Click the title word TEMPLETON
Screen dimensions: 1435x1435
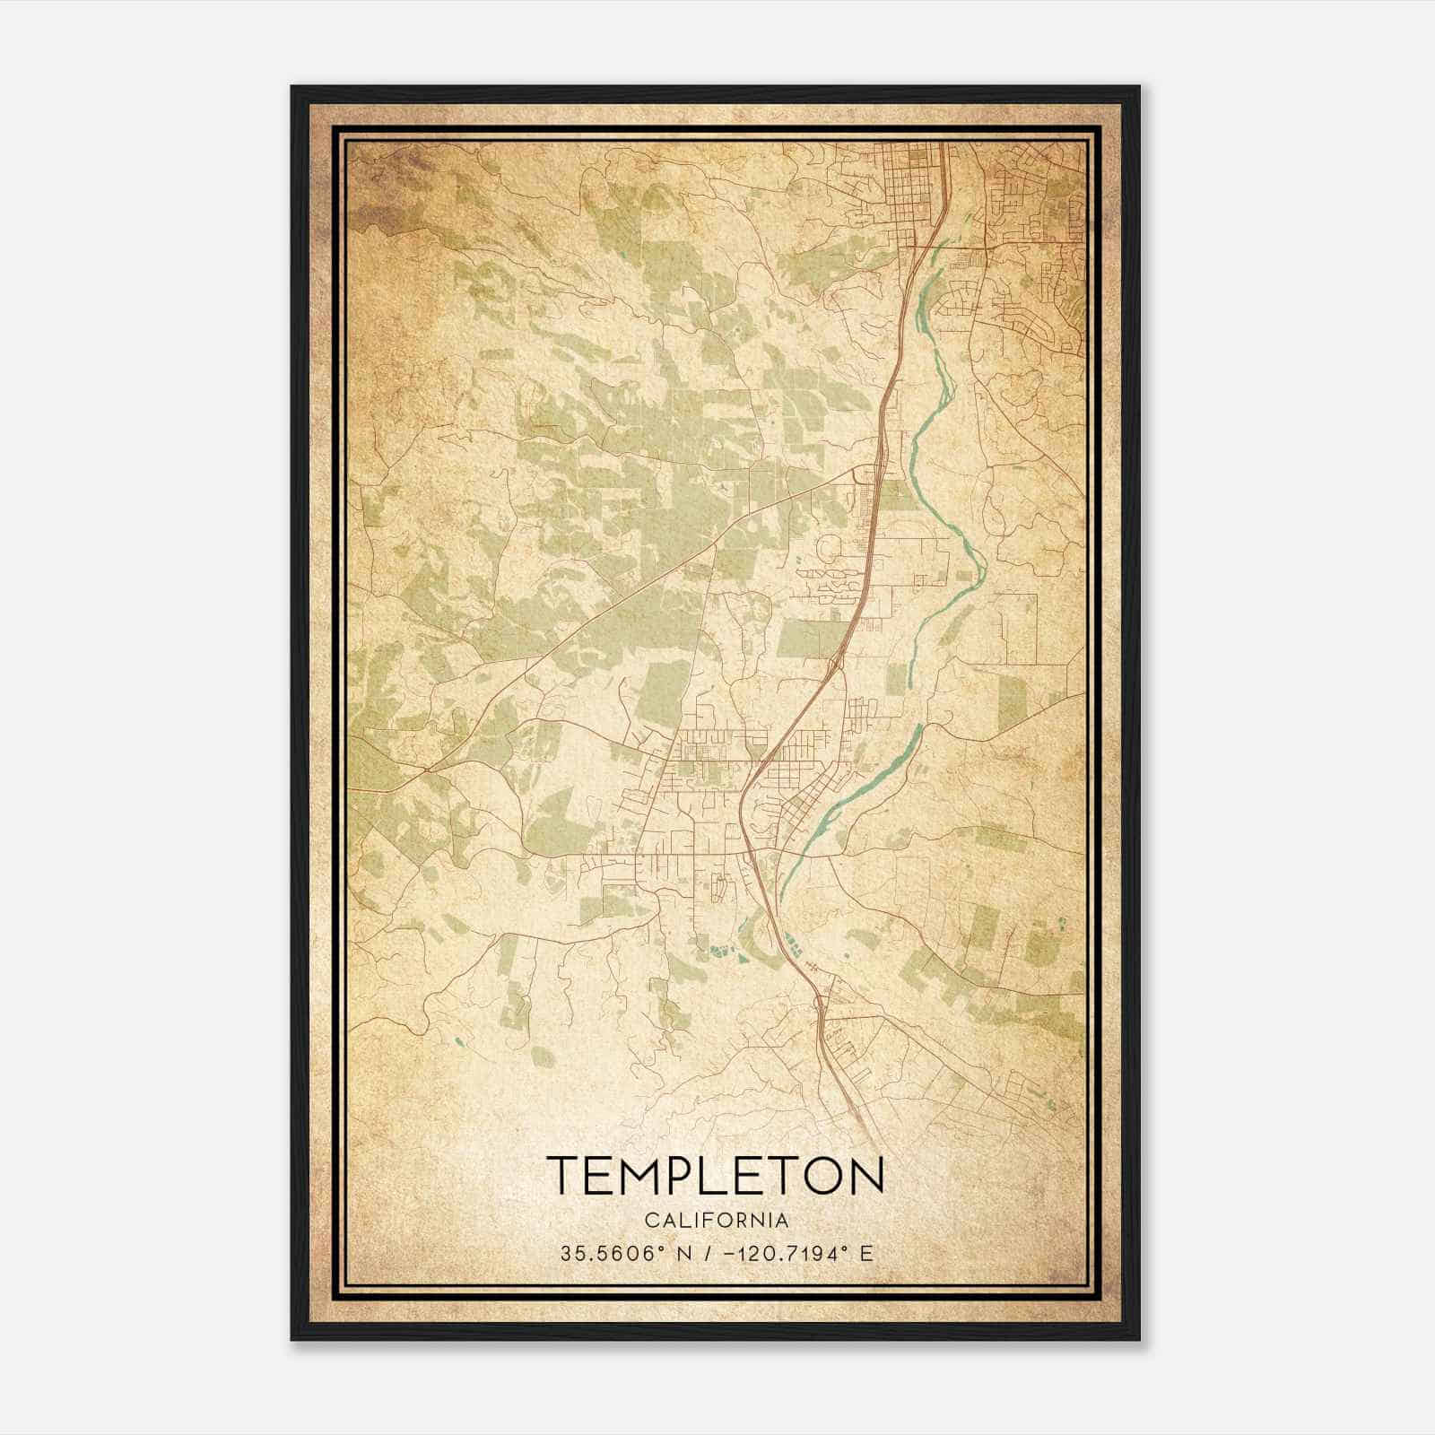[x=715, y=1176]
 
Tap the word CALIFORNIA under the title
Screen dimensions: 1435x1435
[x=715, y=1221]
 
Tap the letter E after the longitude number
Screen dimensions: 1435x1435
[x=866, y=1254]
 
